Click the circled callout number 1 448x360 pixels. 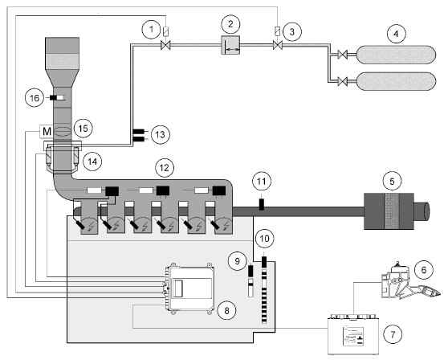(x=152, y=29)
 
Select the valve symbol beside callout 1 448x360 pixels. (x=165, y=45)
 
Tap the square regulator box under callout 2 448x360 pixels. (x=230, y=45)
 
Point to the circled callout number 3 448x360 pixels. (x=292, y=31)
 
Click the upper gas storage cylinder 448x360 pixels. (x=396, y=55)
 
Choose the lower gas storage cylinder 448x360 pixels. (x=396, y=81)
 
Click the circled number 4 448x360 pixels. (x=396, y=34)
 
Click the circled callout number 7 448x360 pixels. (x=393, y=334)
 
